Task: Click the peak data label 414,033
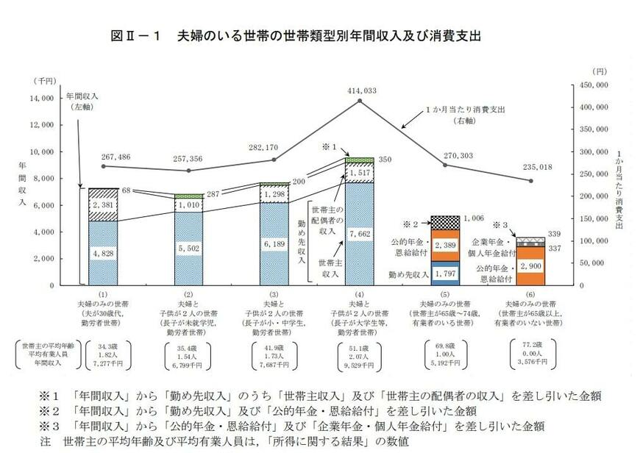click(359, 90)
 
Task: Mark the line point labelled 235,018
click(530, 181)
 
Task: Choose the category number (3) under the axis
click(274, 294)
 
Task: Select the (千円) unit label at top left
click(43, 79)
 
